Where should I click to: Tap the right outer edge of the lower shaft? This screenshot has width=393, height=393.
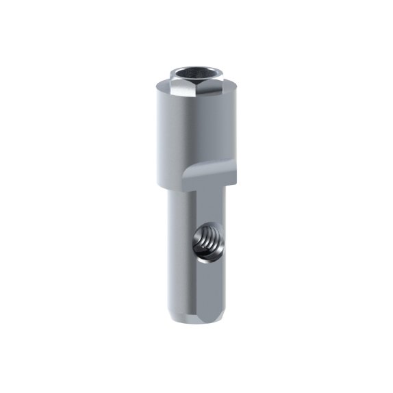click(x=223, y=274)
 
